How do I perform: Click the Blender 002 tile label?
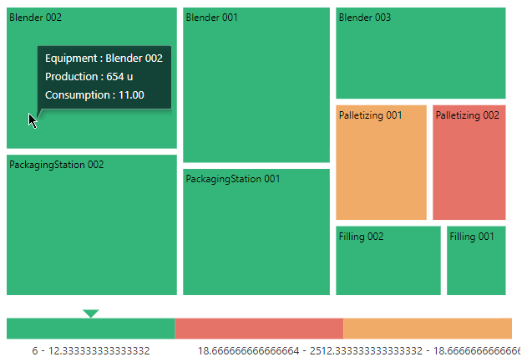point(35,18)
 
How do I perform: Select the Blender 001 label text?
point(212,18)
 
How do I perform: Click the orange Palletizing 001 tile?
point(381,167)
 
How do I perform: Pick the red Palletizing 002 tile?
point(469,167)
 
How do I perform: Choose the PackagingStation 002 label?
point(56,165)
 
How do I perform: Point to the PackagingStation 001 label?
point(233,179)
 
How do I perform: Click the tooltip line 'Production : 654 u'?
point(89,77)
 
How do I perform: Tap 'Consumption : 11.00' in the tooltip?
point(94,95)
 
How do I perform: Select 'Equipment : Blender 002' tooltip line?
point(104,59)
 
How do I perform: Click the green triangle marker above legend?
point(91,314)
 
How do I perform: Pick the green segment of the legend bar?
point(90,329)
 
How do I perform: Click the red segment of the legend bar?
point(259,329)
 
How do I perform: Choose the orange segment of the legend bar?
point(428,329)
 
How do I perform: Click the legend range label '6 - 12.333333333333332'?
point(91,351)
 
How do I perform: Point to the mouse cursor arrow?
point(32,120)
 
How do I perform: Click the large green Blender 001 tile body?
point(256,92)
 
